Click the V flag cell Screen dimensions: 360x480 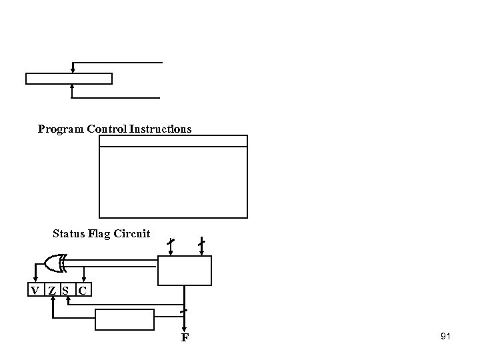click(x=35, y=290)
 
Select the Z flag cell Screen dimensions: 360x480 click(x=51, y=290)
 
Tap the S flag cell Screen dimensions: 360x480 click(x=65, y=290)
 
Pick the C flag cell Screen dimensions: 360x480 click(x=83, y=290)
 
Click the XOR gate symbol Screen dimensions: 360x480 click(x=54, y=263)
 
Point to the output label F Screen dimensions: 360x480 click(x=185, y=338)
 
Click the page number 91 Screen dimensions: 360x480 click(x=446, y=337)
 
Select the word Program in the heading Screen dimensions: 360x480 click(x=61, y=129)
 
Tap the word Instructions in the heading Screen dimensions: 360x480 click(x=163, y=129)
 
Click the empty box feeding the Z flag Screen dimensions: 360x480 click(x=125, y=319)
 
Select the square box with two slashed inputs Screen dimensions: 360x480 click(x=185, y=270)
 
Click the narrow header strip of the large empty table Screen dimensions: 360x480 click(x=173, y=141)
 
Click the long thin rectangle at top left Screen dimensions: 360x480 click(x=69, y=79)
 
